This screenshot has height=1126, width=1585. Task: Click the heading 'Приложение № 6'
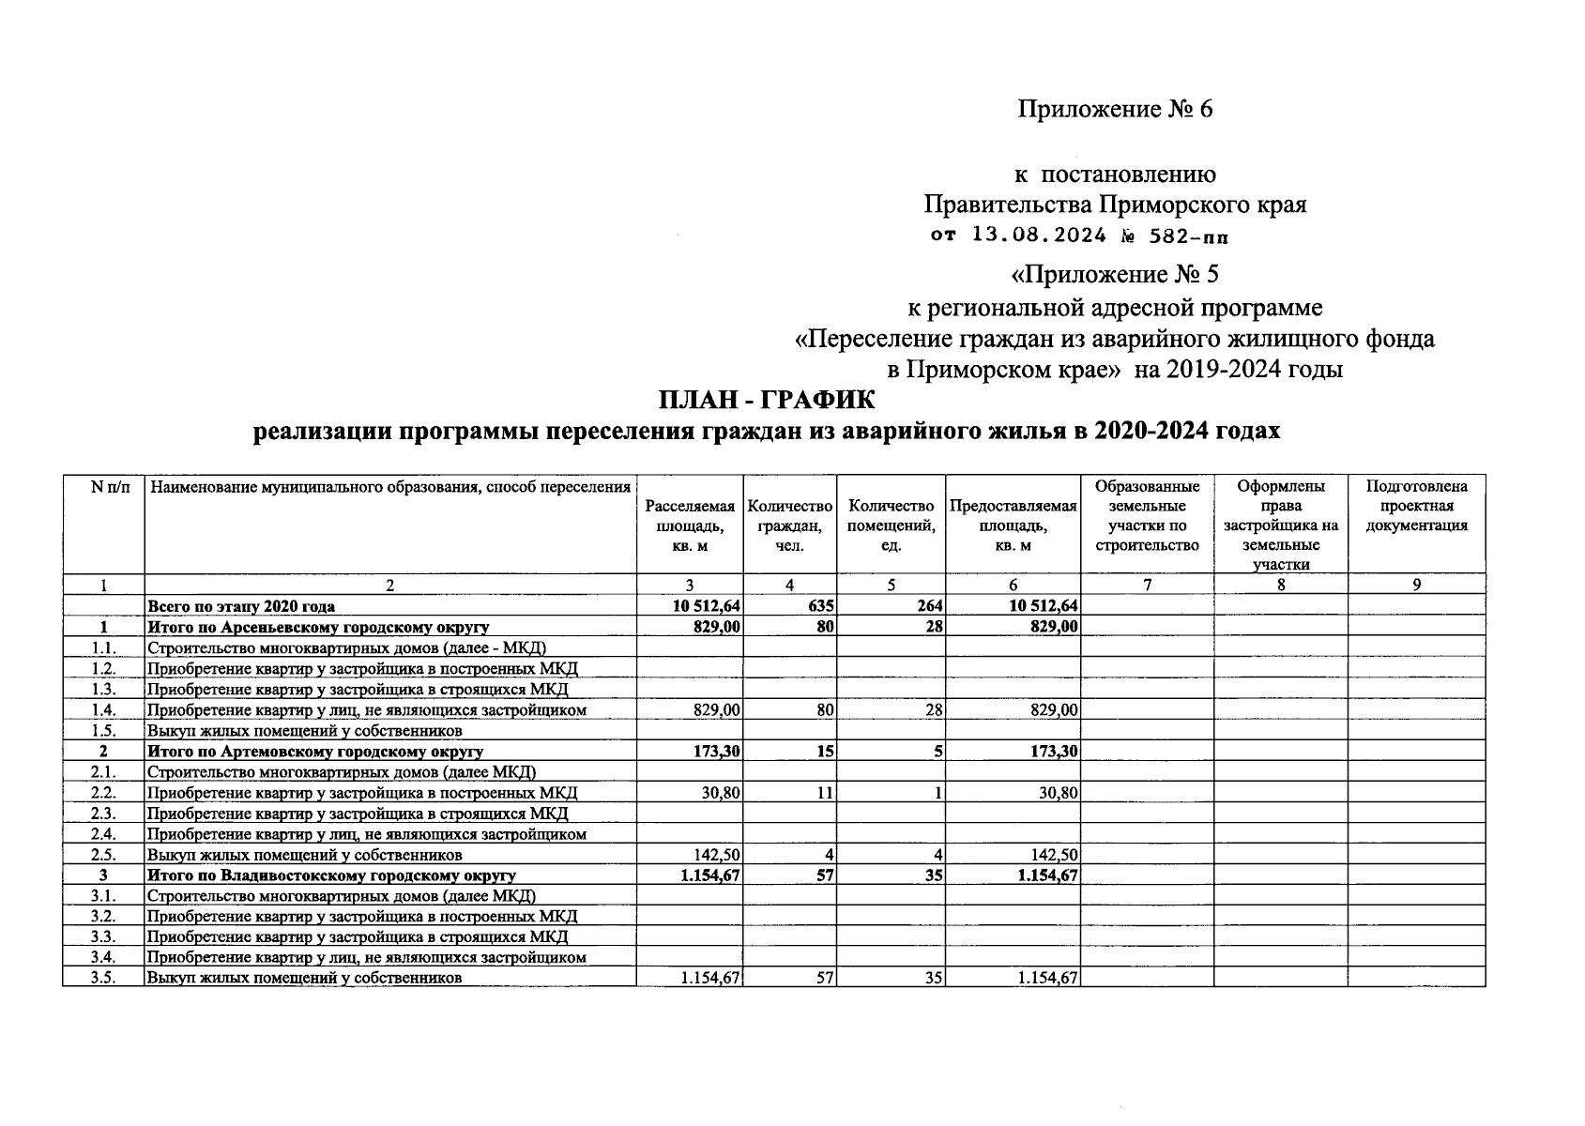(x=1115, y=110)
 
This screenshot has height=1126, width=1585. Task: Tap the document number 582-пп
(x=1187, y=236)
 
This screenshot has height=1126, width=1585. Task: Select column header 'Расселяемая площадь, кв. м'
(x=689, y=526)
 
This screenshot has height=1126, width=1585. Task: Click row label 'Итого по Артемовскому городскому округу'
(x=315, y=752)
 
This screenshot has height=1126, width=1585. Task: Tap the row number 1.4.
(x=103, y=710)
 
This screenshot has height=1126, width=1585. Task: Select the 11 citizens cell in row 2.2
(x=824, y=793)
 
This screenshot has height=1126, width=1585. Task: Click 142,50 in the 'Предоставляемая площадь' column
(x=1052, y=855)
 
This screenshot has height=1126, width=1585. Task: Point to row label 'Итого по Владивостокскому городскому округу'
(x=331, y=875)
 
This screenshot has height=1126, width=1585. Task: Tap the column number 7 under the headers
(x=1146, y=585)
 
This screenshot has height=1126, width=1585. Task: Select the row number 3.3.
(x=103, y=936)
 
